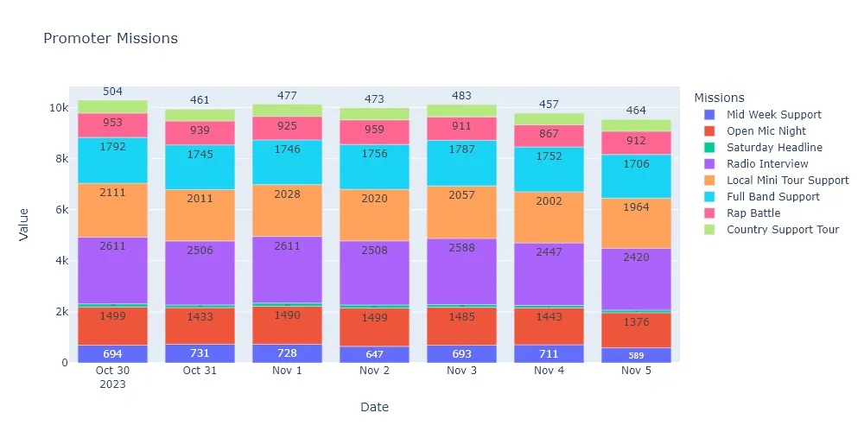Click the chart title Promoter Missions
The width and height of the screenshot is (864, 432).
coord(111,39)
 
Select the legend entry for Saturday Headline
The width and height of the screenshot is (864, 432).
coord(774,148)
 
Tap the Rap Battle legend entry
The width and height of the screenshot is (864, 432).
coord(753,213)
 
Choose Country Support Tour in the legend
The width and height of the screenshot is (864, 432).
coord(783,230)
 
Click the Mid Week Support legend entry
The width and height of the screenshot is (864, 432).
coord(774,115)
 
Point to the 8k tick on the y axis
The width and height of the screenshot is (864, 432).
coord(59,159)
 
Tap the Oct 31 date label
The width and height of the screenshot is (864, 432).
coord(200,370)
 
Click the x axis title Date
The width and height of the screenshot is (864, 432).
coord(374,407)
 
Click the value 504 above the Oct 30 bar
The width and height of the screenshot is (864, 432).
coord(113,92)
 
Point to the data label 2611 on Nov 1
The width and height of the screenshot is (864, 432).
coord(287,246)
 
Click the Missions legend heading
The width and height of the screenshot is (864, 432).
coord(719,98)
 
